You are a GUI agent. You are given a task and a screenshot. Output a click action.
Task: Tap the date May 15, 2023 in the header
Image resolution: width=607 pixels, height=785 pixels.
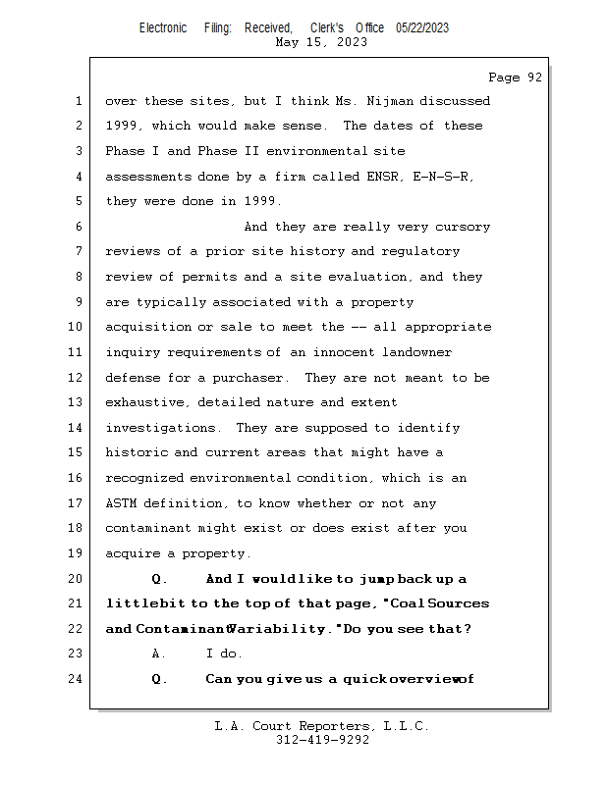(x=321, y=42)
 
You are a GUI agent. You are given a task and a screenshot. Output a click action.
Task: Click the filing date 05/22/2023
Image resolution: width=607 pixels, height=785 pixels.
(x=422, y=27)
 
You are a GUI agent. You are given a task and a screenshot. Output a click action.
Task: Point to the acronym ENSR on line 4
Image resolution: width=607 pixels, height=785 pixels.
(x=384, y=177)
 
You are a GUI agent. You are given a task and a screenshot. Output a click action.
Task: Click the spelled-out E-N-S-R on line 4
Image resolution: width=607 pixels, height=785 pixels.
(x=449, y=177)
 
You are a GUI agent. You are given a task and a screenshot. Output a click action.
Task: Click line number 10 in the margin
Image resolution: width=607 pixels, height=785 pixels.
(x=77, y=328)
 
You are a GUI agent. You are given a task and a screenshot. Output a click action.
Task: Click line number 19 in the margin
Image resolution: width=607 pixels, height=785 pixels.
(x=77, y=554)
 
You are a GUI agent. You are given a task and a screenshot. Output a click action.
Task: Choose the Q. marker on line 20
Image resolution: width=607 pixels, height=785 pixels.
(x=161, y=579)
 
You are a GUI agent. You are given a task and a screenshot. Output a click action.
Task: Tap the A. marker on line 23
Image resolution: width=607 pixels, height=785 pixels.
(x=161, y=654)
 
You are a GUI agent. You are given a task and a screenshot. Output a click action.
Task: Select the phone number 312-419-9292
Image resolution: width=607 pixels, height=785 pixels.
(x=321, y=741)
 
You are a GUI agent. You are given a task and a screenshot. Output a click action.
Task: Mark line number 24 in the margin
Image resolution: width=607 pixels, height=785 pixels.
(x=77, y=680)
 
